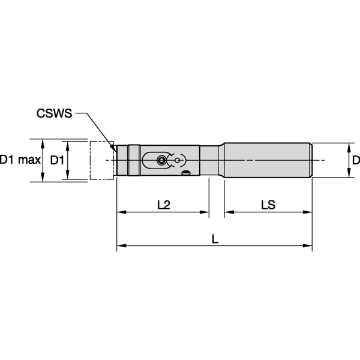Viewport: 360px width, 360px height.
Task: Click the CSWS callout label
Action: click(x=55, y=112)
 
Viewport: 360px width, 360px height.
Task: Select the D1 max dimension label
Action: click(x=20, y=160)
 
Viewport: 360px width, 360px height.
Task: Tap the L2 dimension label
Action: click(x=163, y=205)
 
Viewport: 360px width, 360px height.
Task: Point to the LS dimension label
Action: click(x=268, y=205)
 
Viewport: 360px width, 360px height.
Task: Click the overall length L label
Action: click(x=215, y=238)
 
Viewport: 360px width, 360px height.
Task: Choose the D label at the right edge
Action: click(x=355, y=160)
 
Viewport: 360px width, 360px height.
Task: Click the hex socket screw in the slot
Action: click(x=161, y=160)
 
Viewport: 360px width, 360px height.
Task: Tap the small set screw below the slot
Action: click(x=187, y=174)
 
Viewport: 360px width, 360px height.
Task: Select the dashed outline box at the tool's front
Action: click(x=101, y=160)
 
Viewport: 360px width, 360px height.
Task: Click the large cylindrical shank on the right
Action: click(x=267, y=160)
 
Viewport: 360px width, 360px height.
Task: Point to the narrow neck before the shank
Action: click(x=212, y=160)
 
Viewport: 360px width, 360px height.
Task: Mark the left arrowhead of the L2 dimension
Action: click(x=120, y=212)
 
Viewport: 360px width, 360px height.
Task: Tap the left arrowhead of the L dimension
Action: click(x=120, y=245)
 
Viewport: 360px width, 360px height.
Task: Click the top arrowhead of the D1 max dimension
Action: click(x=43, y=143)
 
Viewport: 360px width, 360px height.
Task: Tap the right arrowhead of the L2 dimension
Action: click(x=205, y=212)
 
